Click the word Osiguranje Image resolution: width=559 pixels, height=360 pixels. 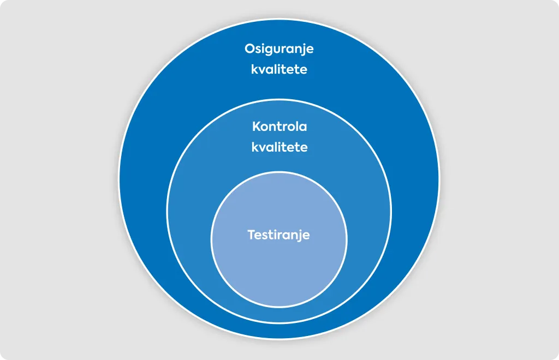click(x=279, y=49)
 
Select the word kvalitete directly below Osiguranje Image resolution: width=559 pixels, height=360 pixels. click(x=279, y=69)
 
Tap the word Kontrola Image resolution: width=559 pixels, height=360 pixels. click(x=279, y=127)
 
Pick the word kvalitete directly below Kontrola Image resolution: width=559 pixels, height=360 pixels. click(x=279, y=147)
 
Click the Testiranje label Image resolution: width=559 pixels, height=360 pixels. click(x=279, y=236)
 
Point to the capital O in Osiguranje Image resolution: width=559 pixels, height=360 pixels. click(x=249, y=49)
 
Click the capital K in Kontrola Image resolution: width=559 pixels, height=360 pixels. click(x=257, y=127)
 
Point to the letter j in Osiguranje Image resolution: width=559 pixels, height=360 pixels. click(x=302, y=50)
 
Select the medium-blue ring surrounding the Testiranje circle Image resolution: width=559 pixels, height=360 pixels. click(x=189, y=214)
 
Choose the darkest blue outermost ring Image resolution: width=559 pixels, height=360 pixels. click(x=142, y=178)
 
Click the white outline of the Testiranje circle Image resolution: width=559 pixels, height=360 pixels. click(x=211, y=239)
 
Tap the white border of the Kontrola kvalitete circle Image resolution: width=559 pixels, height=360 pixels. click(x=167, y=212)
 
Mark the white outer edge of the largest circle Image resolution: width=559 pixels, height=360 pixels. click(x=118, y=179)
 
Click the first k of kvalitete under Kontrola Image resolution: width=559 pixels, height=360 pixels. click(x=255, y=147)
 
